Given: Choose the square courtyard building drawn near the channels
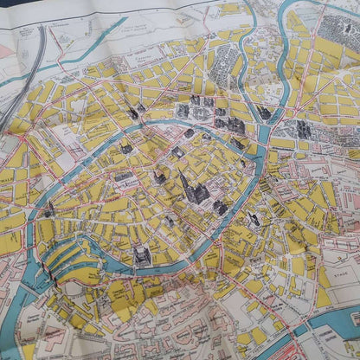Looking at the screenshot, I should pyautogui.click(x=142, y=254).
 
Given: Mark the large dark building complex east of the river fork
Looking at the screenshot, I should pyautogui.click(x=304, y=130).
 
